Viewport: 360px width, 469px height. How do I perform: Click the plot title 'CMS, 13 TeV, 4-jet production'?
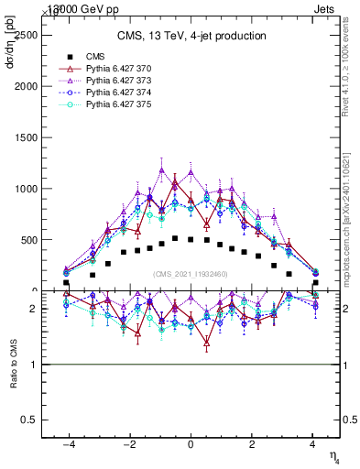tap(191, 36)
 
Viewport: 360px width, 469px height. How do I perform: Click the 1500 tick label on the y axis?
tap(26, 137)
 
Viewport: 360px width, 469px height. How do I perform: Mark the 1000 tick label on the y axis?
tap(26, 189)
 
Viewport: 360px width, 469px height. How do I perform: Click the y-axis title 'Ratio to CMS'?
tap(12, 364)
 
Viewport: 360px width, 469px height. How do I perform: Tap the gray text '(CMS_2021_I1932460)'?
tap(191, 274)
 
